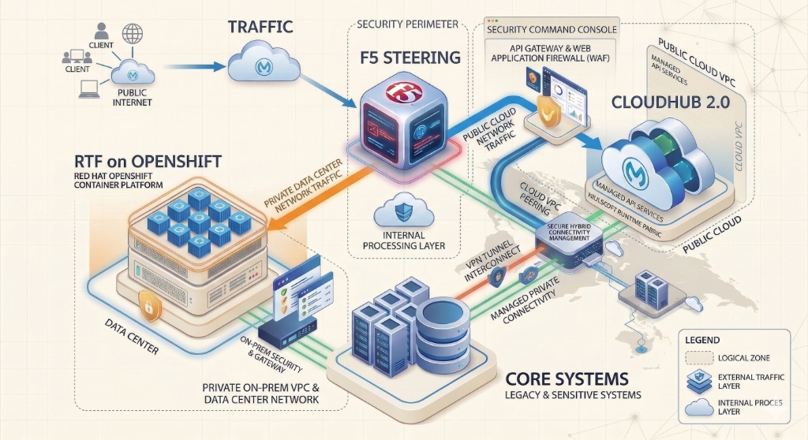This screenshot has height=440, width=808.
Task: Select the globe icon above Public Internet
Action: click(x=133, y=34)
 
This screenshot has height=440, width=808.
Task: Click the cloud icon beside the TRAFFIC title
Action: click(x=263, y=62)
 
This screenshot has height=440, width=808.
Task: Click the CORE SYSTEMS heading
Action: click(x=566, y=378)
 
